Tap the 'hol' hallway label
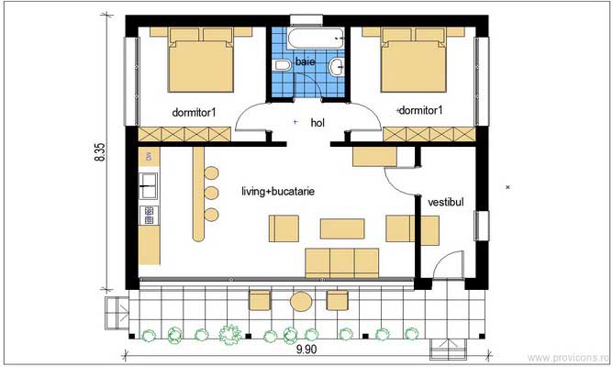click(318, 122)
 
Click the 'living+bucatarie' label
click(278, 193)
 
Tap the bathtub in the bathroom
click(315, 39)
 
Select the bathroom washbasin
click(338, 65)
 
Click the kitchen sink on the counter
click(149, 191)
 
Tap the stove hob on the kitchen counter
click(149, 215)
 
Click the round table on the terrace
click(300, 300)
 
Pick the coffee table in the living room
click(341, 227)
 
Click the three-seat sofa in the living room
click(341, 261)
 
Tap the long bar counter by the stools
click(197, 196)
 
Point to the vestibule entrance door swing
click(447, 266)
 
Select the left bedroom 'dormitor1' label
click(195, 112)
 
